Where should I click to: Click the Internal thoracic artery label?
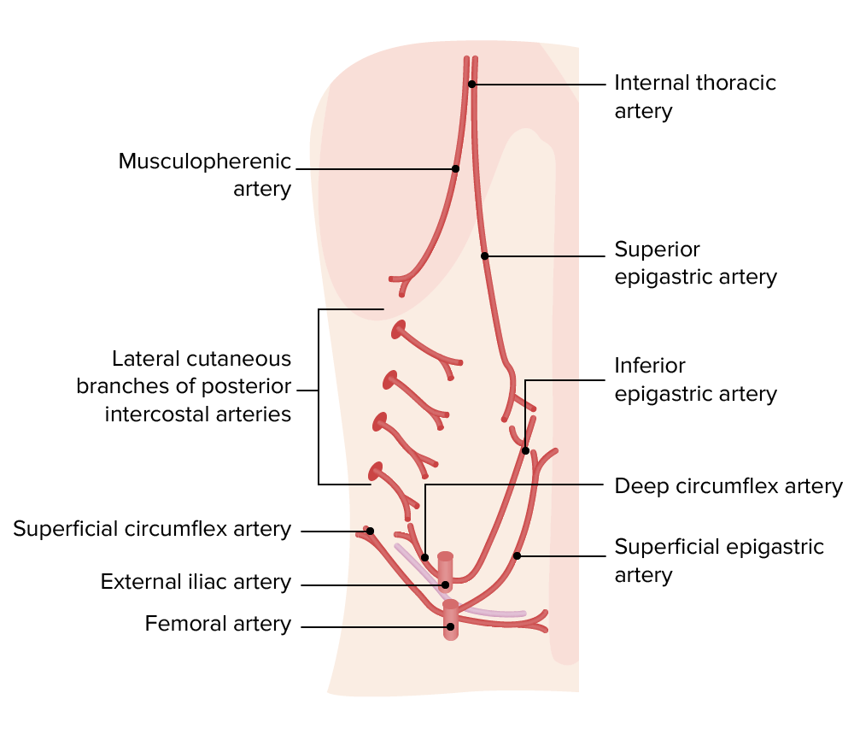(x=695, y=97)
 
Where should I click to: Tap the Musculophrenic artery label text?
(x=205, y=174)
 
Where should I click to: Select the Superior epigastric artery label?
(x=695, y=263)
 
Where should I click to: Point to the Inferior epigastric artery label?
(x=695, y=379)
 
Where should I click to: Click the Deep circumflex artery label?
(x=728, y=486)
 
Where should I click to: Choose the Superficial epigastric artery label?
(x=719, y=560)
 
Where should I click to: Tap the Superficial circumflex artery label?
(x=152, y=529)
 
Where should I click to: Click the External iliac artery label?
(x=196, y=582)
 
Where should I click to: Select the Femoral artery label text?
(x=218, y=624)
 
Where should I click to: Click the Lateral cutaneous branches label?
(x=184, y=386)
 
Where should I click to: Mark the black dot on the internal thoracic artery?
(x=471, y=84)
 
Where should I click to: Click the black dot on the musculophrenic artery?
(x=455, y=168)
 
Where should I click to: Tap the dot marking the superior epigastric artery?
(x=484, y=256)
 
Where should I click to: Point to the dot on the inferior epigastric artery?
(x=525, y=450)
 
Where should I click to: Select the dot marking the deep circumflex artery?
(x=424, y=557)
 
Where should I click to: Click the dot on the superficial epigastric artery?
(x=517, y=555)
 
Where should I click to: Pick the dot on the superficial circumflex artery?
(x=371, y=531)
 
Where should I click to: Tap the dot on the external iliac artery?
(x=446, y=585)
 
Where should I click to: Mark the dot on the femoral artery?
(x=449, y=626)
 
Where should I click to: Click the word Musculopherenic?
(x=205, y=162)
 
